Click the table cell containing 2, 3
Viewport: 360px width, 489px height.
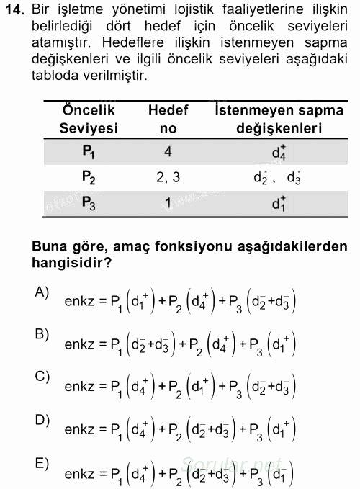coord(168,177)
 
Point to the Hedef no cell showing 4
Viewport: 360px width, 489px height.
coord(168,152)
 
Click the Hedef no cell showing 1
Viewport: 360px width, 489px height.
coord(168,203)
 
